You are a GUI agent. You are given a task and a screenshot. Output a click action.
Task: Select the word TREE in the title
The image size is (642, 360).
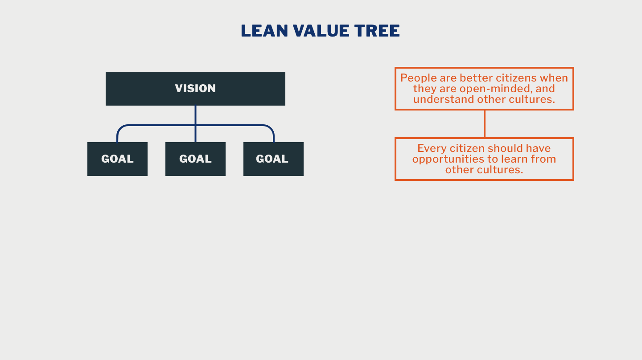coord(377,31)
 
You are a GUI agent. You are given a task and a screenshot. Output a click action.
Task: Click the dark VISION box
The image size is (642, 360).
coord(195,89)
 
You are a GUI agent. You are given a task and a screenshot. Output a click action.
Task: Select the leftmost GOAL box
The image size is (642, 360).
coord(117,159)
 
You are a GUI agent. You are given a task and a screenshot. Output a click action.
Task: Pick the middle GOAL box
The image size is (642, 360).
coord(195,159)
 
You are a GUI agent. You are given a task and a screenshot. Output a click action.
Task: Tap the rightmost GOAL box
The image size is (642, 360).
coord(273,159)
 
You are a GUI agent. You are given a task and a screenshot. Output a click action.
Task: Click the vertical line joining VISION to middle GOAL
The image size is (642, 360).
coord(195,116)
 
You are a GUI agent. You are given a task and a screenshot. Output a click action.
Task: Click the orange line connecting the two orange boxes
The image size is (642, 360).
coord(484,124)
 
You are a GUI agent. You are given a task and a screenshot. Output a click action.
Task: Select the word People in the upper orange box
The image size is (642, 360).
coord(418,78)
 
